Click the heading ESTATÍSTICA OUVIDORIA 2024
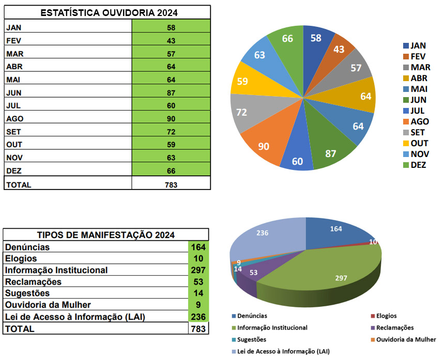click(x=108, y=12)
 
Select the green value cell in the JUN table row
click(x=171, y=92)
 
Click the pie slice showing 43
click(x=339, y=50)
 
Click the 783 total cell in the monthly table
click(x=171, y=184)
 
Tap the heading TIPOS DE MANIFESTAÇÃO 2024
click(x=106, y=235)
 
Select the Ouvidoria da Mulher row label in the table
click(x=48, y=305)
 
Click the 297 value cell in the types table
click(x=198, y=270)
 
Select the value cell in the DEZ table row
click(x=171, y=170)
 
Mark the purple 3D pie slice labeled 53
click(x=253, y=272)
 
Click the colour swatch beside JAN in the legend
click(x=406, y=45)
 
